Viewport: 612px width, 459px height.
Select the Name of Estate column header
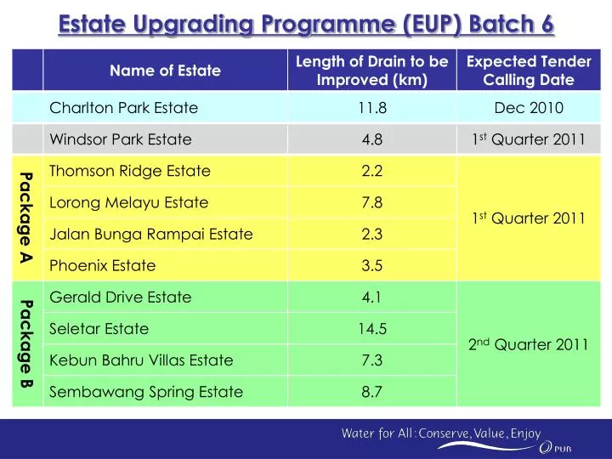[x=165, y=71]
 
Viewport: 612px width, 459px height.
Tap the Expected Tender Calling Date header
[x=529, y=71]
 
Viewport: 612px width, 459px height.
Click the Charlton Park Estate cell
[x=124, y=108]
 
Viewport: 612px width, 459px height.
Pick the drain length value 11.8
[x=372, y=108]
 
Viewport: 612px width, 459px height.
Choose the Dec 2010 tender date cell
[x=529, y=108]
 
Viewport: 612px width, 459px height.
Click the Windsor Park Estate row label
[x=121, y=139]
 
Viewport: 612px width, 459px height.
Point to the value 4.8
[x=372, y=139]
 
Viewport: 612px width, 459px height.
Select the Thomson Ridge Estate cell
[x=130, y=171]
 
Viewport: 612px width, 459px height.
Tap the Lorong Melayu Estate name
[x=129, y=202]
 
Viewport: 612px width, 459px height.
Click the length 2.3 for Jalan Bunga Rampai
[x=372, y=234]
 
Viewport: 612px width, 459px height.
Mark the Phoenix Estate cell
[x=103, y=265]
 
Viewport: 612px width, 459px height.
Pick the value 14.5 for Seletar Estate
[x=372, y=328]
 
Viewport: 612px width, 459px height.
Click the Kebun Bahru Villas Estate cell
[x=141, y=360]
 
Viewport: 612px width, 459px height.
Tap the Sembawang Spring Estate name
[x=146, y=391]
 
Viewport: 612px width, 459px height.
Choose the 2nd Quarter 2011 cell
[x=529, y=344]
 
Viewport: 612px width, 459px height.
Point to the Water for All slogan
[x=440, y=433]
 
